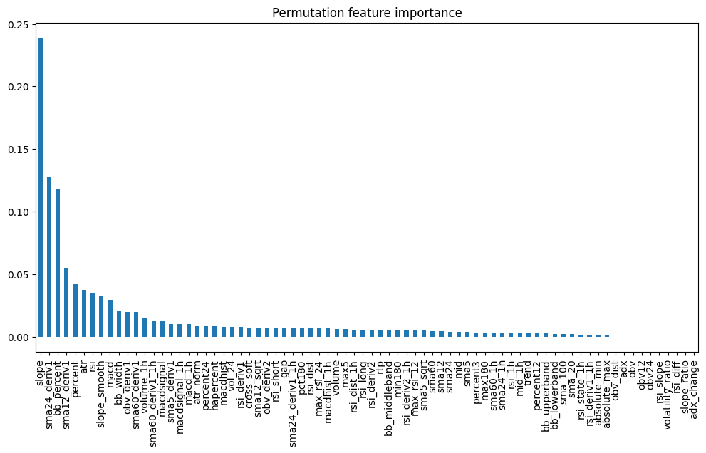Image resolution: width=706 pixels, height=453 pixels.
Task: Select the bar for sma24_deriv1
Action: (49, 256)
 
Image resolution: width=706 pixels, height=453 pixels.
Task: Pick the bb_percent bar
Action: (58, 263)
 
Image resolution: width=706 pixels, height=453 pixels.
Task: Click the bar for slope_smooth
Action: (101, 316)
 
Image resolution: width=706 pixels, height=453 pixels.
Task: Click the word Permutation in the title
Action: (332, 13)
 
